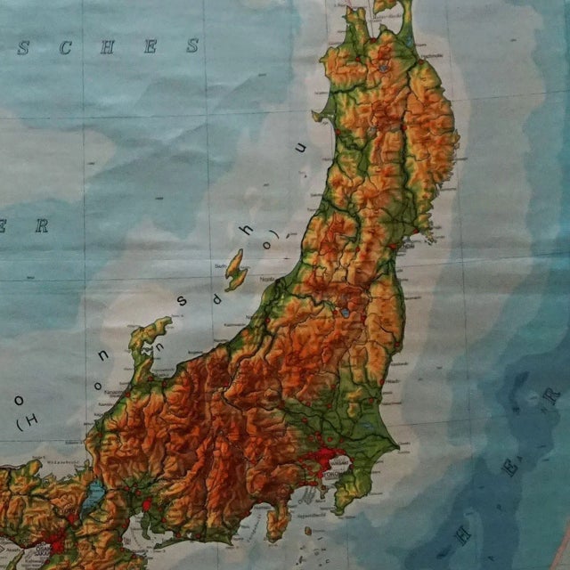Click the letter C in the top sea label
(65, 48)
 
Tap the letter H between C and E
(107, 48)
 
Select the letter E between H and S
(150, 47)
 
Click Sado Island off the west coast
(234, 269)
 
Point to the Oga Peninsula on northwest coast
(320, 115)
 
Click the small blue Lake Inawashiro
(344, 313)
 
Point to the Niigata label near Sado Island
(265, 279)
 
